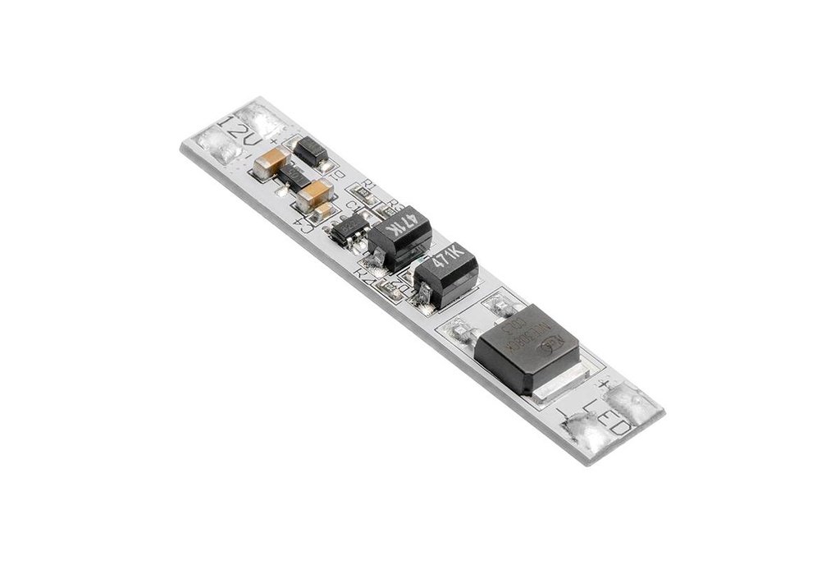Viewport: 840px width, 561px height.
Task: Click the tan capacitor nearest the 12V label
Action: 271,163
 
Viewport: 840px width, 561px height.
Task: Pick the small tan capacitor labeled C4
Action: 323,211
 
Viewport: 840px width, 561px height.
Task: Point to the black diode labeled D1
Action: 311,151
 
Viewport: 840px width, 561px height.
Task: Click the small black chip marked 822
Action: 348,228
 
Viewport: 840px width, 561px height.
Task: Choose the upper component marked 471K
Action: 399,235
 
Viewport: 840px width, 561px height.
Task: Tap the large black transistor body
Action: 527,347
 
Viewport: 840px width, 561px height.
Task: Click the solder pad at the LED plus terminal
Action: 632,402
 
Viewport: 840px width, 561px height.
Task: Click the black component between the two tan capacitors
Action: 293,176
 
